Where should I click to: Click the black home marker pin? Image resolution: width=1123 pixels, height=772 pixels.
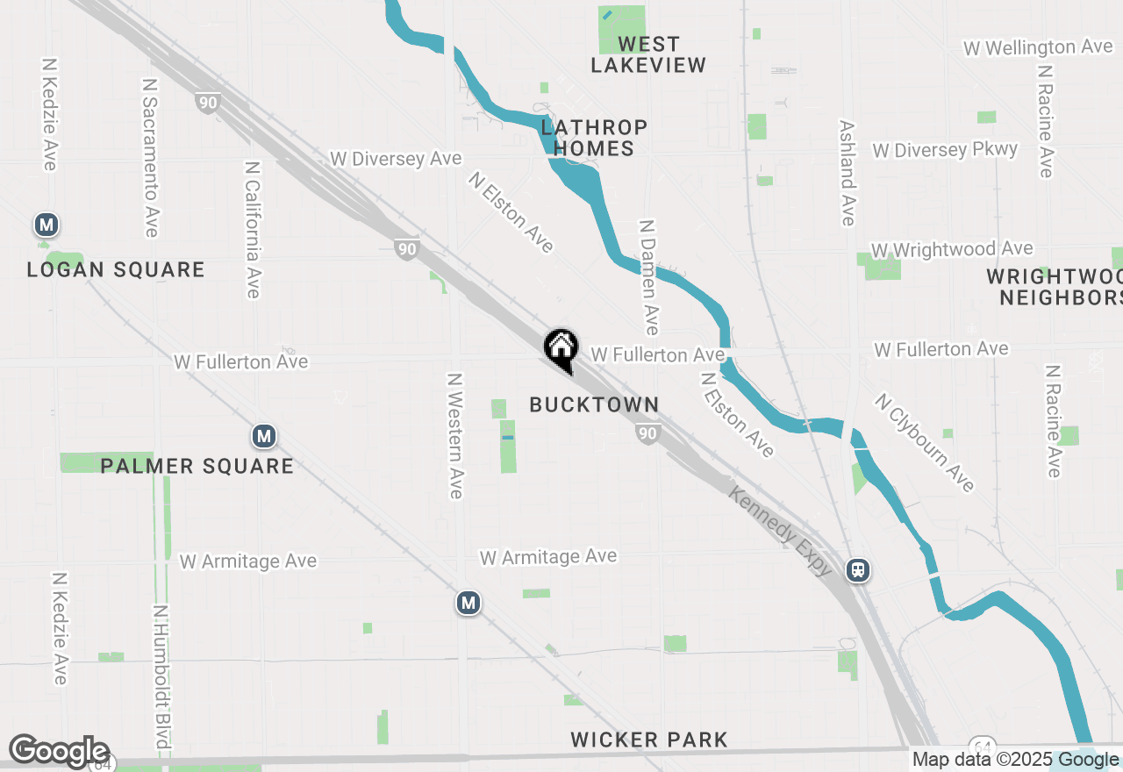561,348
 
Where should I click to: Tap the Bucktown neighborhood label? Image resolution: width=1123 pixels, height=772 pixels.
594,404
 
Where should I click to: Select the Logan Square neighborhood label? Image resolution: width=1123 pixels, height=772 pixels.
116,269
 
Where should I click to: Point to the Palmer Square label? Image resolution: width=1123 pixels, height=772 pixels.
197,465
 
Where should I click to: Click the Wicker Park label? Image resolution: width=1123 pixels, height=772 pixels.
649,740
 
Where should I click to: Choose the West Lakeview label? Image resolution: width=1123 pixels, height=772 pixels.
648,54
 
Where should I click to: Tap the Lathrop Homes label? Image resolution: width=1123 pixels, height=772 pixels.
594,138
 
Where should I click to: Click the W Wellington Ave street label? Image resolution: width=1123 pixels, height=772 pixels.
1038,47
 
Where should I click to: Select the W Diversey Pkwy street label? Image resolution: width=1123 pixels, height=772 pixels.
945,150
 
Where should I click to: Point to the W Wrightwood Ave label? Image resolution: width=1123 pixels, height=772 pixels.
952,250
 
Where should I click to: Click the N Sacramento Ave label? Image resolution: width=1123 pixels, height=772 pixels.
150,156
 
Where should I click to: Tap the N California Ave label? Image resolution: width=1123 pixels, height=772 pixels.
253,229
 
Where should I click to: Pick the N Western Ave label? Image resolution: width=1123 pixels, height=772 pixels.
454,436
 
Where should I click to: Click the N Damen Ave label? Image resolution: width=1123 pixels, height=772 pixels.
649,277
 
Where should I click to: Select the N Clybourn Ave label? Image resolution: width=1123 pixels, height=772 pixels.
925,442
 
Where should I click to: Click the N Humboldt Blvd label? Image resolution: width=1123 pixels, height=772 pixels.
161,677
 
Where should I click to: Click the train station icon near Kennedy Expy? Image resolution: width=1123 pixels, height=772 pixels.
858,570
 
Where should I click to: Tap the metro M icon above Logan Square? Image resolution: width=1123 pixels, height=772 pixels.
46,225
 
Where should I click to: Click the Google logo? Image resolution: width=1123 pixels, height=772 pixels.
60,752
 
